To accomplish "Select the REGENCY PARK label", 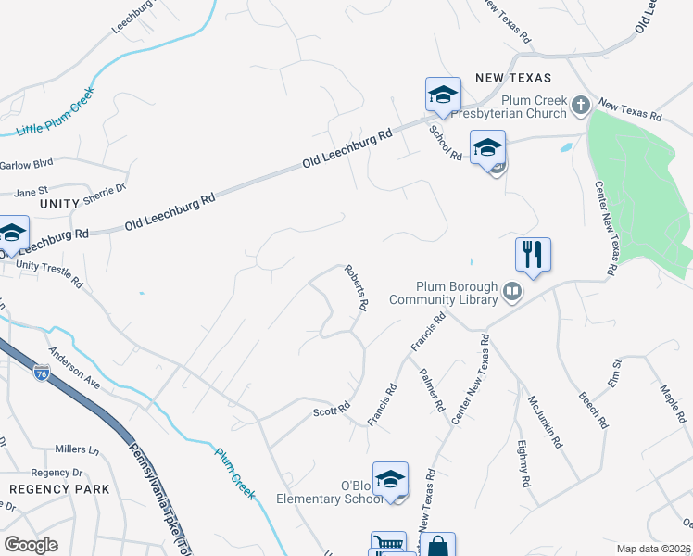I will pos(59,489).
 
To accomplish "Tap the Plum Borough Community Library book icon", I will pos(510,294).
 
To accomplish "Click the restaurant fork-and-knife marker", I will pos(533,254).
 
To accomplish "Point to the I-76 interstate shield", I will pos(42,373).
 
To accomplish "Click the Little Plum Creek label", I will pos(56,111).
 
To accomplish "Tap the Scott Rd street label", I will pos(332,409).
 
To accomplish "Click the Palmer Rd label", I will pos(433,392).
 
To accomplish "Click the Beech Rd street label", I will pos(593,406).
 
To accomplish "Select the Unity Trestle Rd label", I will pos(49,272).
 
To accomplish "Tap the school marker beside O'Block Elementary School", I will pos(391,480).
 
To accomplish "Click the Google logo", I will pos(31,544).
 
